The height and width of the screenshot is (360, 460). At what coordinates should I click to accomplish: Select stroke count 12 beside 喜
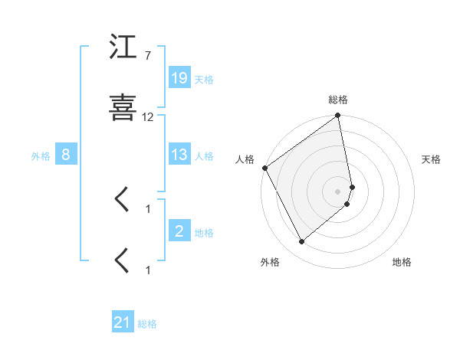[x=148, y=117]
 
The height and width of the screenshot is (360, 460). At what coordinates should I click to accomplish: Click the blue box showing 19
[x=179, y=78]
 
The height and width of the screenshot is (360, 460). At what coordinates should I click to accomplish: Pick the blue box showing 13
[x=179, y=155]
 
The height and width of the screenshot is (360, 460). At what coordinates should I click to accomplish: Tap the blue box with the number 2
[x=179, y=231]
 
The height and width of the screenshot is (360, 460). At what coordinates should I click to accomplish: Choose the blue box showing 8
[x=66, y=155]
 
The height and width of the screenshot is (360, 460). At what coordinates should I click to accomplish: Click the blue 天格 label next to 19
[x=204, y=79]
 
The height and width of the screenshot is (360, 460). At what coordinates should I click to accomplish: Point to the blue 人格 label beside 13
[x=204, y=155]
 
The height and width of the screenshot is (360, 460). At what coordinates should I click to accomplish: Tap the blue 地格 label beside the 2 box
[x=204, y=232]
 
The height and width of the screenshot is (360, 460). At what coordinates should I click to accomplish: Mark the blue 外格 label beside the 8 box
[x=41, y=155]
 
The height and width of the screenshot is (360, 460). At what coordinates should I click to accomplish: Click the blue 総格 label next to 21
[x=147, y=324]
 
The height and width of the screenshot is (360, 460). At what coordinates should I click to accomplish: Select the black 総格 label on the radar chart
[x=338, y=100]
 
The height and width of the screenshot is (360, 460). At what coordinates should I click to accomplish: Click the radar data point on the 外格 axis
[x=301, y=242]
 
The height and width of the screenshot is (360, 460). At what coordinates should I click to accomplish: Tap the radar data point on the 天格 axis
[x=352, y=186]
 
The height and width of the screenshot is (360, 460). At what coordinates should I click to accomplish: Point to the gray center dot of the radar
[x=338, y=191]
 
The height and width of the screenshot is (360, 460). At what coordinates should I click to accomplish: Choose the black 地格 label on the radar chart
[x=402, y=262]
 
